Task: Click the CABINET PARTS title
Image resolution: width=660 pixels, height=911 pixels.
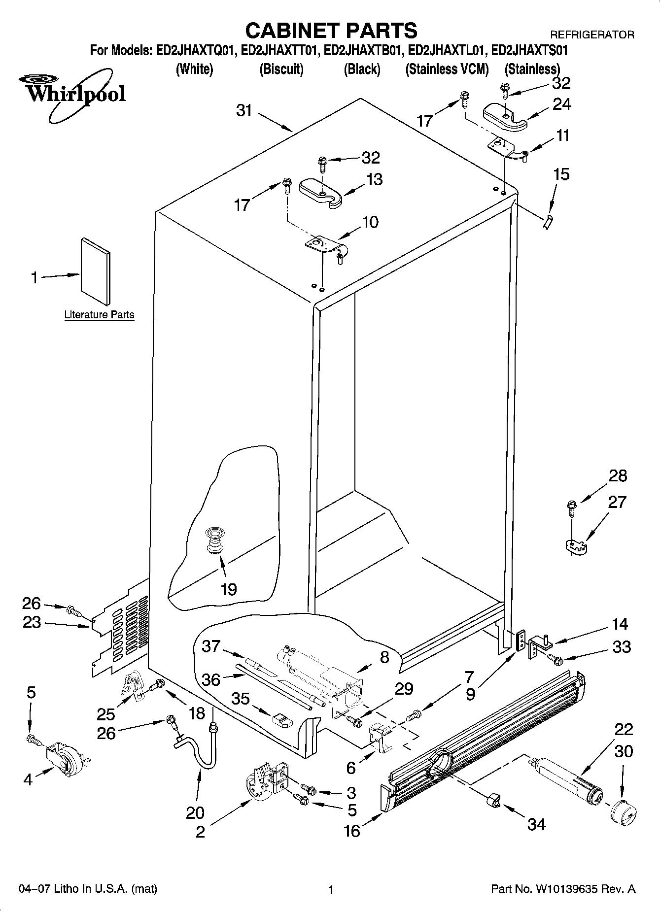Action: pos(331,31)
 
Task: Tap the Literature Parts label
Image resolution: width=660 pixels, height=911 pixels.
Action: pos(99,315)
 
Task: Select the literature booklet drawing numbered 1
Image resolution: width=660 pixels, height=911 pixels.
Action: pos(95,271)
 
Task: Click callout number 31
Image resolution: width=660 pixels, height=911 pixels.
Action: pos(244,111)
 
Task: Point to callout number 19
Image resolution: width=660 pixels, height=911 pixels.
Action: pos(229,589)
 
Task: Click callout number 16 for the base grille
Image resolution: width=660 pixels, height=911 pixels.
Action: pos(352,831)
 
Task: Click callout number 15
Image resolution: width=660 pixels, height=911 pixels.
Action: pos(561,174)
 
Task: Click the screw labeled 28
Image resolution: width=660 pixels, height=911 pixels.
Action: pos(572,506)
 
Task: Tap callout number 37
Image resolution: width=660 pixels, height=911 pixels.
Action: pos(211,646)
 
